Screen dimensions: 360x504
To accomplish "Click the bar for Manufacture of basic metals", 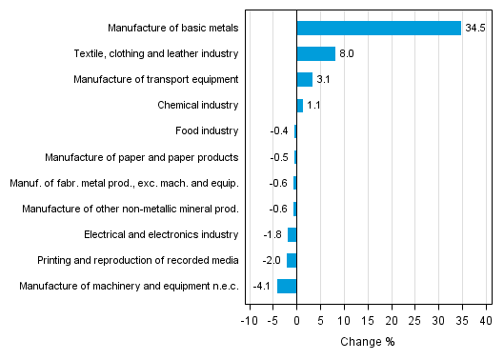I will pos(379,28).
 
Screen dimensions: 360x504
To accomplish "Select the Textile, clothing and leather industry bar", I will pos(315,53).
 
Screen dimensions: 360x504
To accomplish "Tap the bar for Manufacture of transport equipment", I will pos(304,79).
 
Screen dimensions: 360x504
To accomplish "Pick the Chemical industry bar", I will pos(299,105).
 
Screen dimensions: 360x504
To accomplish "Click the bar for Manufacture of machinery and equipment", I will pos(287,286).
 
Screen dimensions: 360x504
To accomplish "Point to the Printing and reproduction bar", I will pos(292,260).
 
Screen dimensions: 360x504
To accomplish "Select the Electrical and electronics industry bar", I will pos(292,234).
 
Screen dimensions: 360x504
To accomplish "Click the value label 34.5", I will pos(475,28).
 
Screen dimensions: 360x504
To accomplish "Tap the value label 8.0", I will pos(348,53).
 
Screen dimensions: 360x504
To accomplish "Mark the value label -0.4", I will pos(279,130).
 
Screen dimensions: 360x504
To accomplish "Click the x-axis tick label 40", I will pos(484,320).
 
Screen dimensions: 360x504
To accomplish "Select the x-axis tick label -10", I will pos(249,320).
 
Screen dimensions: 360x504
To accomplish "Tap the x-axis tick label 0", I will pos(296,320).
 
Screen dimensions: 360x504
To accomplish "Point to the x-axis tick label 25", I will pos(414,320).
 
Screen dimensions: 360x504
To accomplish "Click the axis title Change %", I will pos(367,342).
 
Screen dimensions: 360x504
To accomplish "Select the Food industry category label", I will pos(207,130).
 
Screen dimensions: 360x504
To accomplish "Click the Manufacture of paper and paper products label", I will pos(142,156).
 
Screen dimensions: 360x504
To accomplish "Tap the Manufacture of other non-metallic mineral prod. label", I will pos(130,209).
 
